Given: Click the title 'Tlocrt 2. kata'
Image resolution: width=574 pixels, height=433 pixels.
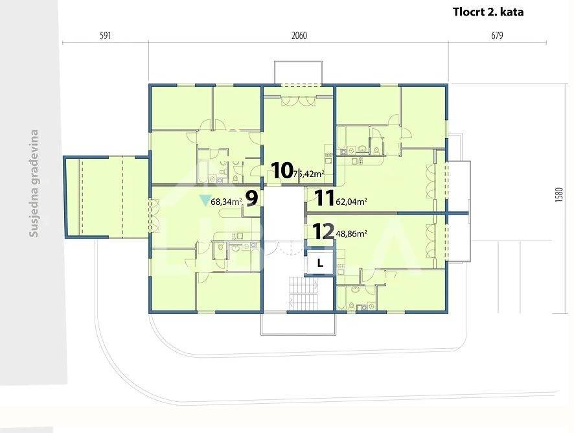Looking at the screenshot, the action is coord(488,12).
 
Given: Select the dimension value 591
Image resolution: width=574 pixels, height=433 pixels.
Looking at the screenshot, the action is coord(105,36).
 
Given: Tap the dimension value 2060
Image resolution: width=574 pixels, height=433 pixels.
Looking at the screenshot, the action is coord(299,36).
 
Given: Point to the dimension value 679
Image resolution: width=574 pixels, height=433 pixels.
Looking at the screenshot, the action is coord(497,36).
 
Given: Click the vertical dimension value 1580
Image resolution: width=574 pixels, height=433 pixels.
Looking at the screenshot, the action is coord(558,195).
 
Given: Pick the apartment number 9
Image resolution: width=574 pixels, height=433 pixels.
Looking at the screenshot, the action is coord(252,198).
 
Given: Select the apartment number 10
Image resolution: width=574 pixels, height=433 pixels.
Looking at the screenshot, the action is coord(282,170).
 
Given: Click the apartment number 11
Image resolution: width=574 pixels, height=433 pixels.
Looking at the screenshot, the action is coord(325,198).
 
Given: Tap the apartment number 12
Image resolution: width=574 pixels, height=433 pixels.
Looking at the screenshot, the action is coord(324,231).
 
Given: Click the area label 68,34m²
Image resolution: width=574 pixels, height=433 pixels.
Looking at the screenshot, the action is coord(226,202).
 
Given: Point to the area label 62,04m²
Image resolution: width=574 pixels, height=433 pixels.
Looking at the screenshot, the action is coord(351,201).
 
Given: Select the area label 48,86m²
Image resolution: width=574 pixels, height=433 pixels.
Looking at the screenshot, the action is coord(351,234).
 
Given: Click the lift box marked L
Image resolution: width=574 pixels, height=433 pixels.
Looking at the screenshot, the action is coord(320,263).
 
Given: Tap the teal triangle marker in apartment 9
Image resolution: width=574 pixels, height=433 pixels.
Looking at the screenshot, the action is coord(204,200).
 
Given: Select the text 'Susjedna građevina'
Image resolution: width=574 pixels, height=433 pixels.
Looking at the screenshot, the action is coord(34,183).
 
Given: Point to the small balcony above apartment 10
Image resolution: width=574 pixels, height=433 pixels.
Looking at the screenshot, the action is coord(299,73).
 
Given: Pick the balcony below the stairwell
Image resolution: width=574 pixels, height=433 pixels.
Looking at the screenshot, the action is coord(299,323).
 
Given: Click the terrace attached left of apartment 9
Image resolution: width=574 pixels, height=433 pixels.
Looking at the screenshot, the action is coord(106,197).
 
